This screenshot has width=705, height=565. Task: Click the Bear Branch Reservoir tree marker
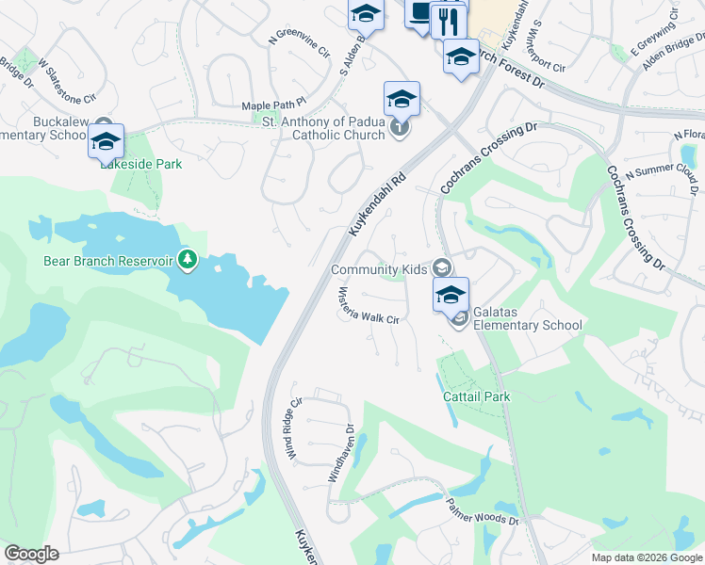coord(188,258)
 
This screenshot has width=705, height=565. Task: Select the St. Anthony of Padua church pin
coord(401,127)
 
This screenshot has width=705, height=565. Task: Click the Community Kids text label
coord(378,270)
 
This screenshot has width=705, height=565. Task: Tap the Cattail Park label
coord(477,396)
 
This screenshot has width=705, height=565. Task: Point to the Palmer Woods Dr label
coord(483,512)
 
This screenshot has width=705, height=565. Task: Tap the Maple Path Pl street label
coord(274,105)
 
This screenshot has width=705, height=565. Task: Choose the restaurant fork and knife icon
coord(449,21)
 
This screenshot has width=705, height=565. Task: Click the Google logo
coord(32,554)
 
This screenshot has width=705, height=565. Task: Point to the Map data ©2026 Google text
coord(646,557)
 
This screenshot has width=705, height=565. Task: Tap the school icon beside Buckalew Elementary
coord(106,142)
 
